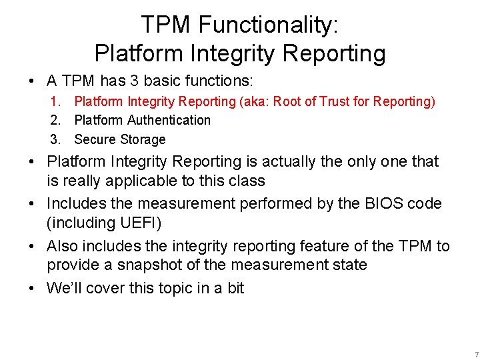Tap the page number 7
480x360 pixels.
tap(476, 354)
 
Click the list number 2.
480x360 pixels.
tap(55, 120)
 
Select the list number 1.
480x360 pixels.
tap(55, 101)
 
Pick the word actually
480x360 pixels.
tap(289, 162)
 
